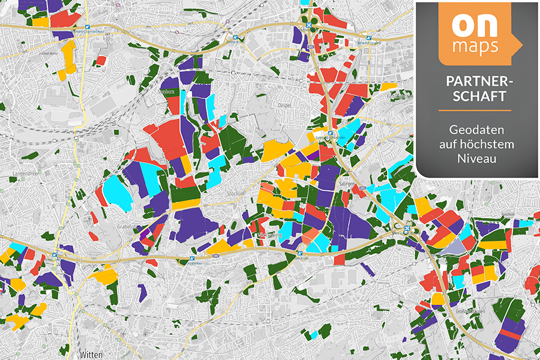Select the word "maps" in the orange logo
point(476,47)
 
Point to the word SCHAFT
point(475,96)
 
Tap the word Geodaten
point(475,129)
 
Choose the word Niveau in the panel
point(475,159)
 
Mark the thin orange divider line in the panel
point(475,111)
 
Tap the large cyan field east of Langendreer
point(117,192)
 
